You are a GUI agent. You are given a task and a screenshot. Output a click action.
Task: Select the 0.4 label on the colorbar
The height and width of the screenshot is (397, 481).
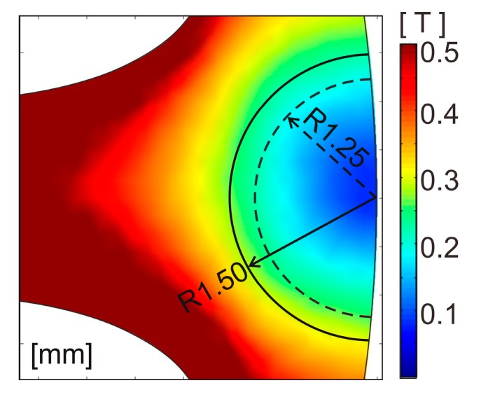click(439, 116)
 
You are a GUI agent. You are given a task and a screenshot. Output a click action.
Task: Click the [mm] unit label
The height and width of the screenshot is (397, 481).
click(62, 356)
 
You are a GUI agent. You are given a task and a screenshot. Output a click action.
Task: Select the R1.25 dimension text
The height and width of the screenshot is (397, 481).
click(336, 144)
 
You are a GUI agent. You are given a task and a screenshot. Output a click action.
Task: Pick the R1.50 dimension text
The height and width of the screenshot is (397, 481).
click(213, 287)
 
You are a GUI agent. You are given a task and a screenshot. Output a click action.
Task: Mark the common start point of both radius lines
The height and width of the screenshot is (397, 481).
click(377, 198)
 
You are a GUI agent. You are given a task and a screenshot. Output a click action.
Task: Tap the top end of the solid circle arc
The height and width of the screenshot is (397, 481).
click(368, 55)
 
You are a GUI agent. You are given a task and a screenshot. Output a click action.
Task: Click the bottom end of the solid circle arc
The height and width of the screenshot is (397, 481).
click(368, 340)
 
